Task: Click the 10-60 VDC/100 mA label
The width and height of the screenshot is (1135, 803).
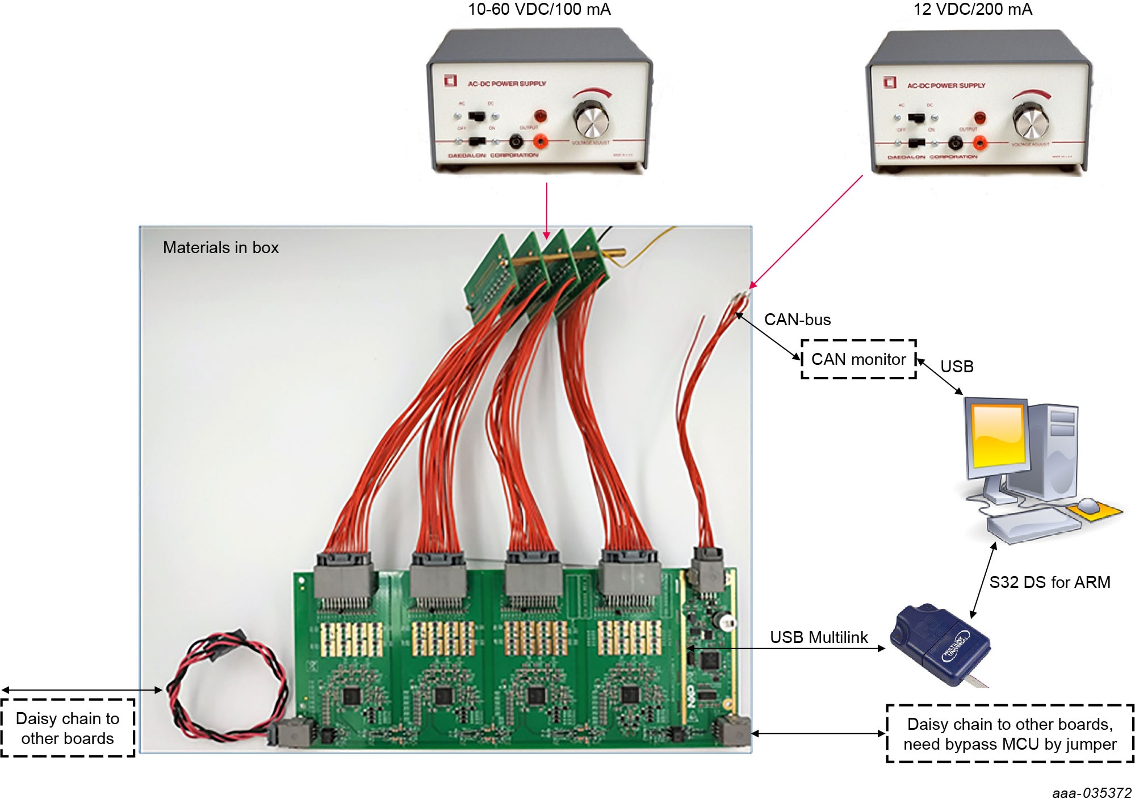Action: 538,10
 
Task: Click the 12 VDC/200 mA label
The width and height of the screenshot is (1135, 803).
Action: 972,10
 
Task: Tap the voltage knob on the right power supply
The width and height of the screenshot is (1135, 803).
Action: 1030,121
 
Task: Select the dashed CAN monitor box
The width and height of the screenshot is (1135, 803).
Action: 858,359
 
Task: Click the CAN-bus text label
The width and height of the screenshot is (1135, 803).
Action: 797,319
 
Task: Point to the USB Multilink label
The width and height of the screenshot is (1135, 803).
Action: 818,637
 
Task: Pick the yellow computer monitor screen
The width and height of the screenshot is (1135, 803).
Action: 998,435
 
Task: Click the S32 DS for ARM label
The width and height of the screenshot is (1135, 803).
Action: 1049,582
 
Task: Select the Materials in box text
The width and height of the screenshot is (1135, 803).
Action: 220,247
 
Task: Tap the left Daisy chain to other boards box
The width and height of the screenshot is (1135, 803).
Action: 68,728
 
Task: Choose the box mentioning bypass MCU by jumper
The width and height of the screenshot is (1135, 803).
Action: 1010,734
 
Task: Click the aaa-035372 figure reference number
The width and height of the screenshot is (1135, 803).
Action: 1091,793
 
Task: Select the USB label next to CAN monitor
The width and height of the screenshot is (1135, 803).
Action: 957,367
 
